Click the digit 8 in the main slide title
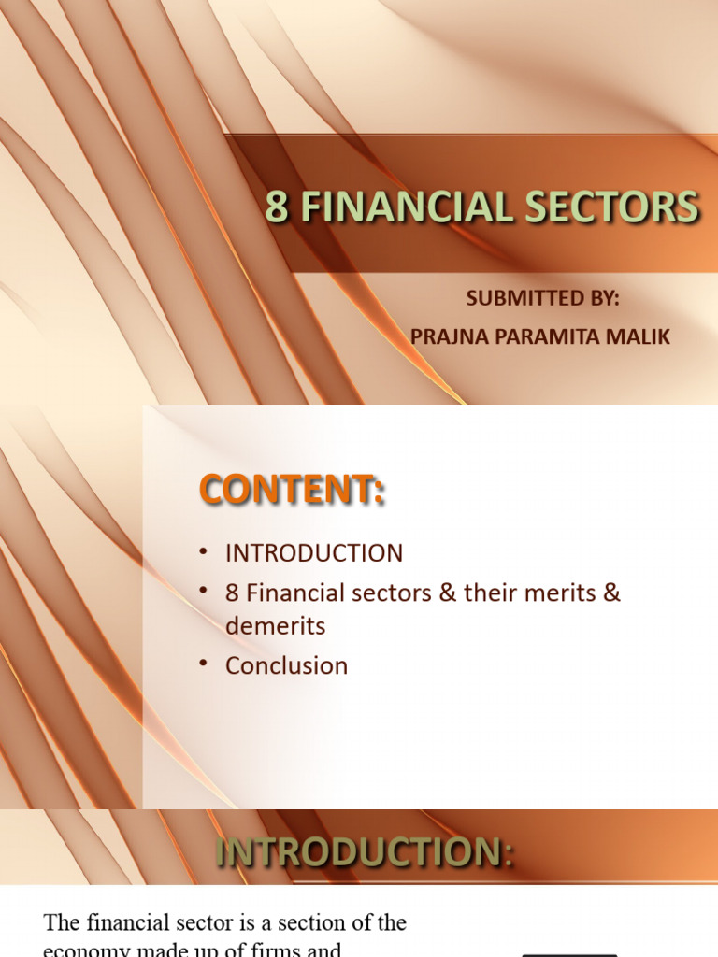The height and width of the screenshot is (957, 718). pyautogui.click(x=276, y=207)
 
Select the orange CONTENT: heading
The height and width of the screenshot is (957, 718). pyautogui.click(x=291, y=490)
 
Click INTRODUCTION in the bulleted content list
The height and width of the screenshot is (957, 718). pyautogui.click(x=314, y=552)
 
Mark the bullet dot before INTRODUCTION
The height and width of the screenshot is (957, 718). pyautogui.click(x=204, y=552)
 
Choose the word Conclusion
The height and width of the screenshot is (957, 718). pyautogui.click(x=286, y=665)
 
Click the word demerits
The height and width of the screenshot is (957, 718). pyautogui.click(x=275, y=626)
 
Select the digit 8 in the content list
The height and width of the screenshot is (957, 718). pyautogui.click(x=233, y=593)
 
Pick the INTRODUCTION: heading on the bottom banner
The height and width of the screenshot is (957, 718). pyautogui.click(x=365, y=853)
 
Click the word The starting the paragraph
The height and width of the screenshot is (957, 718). pyautogui.click(x=64, y=923)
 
